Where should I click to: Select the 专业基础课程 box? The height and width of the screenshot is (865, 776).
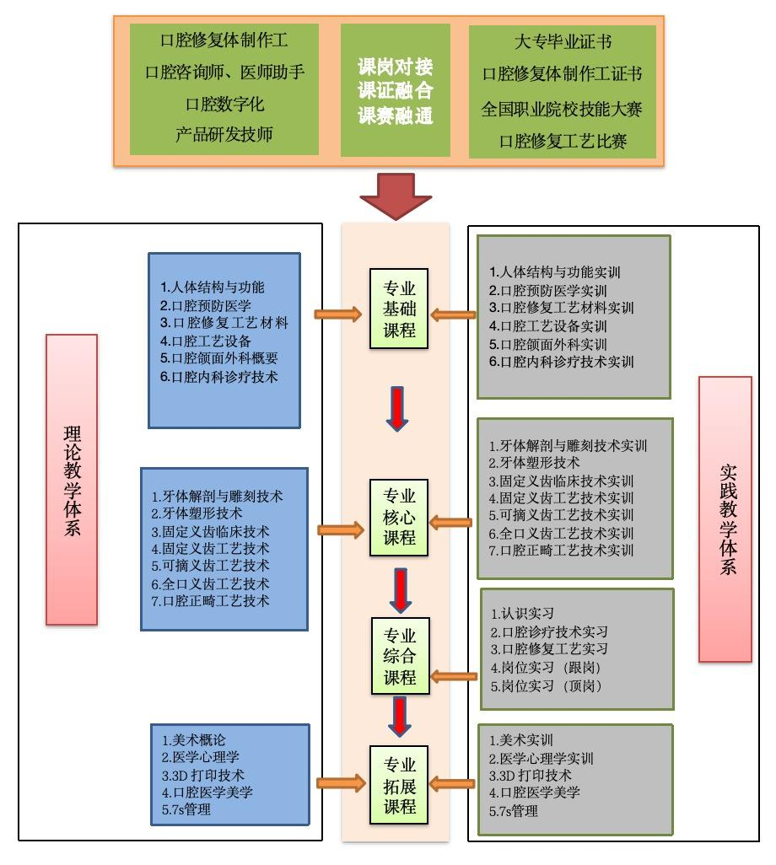pyautogui.click(x=400, y=308)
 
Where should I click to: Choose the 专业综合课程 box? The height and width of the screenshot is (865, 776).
pyautogui.click(x=400, y=657)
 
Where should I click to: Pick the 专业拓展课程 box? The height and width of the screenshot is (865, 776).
pyautogui.click(x=400, y=785)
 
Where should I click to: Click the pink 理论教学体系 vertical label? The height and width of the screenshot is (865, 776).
pyautogui.click(x=72, y=479)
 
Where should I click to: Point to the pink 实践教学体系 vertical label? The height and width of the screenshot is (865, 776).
pyautogui.click(x=725, y=518)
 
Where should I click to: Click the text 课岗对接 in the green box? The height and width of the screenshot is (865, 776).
pyautogui.click(x=395, y=67)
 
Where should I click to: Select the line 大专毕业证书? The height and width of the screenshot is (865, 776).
pyautogui.click(x=563, y=42)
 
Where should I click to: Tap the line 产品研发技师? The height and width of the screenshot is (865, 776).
pyautogui.click(x=224, y=134)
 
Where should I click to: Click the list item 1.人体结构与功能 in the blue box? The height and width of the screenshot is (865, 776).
pyautogui.click(x=212, y=287)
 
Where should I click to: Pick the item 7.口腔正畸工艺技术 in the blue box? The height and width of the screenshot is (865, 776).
pyautogui.click(x=210, y=601)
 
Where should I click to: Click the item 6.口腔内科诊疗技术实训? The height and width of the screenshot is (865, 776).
pyautogui.click(x=562, y=362)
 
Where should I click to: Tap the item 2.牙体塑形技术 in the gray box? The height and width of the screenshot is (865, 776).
pyautogui.click(x=534, y=463)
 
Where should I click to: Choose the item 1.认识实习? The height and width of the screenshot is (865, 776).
pyautogui.click(x=522, y=613)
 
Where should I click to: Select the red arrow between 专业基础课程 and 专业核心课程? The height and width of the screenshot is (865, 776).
pyautogui.click(x=400, y=406)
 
